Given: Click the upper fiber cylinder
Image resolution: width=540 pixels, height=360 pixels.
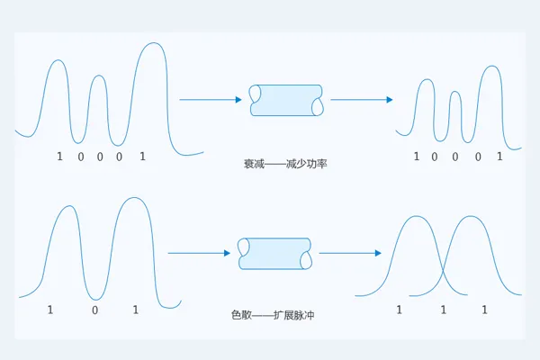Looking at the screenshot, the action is point(286,100).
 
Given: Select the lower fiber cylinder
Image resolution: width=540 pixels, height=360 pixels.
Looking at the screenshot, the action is point(274,254).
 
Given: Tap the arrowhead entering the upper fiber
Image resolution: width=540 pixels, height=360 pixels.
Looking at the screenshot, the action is point(238,100).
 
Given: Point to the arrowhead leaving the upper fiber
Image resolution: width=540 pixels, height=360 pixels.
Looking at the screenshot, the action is point(390,100).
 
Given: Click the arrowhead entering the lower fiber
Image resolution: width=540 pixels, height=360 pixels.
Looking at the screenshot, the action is point(227,253).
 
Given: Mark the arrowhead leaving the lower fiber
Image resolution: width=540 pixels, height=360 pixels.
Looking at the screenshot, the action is point(378,253).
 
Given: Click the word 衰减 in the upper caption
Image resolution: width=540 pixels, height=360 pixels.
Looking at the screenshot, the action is point(254,164).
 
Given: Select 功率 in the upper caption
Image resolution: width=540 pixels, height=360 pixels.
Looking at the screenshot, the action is point(317,164).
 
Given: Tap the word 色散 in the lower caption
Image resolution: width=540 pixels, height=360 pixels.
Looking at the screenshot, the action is point(242,315).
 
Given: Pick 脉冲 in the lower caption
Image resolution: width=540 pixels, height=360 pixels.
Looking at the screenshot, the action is point(304,315).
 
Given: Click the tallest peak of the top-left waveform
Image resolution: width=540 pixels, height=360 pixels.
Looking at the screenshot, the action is point(154,43).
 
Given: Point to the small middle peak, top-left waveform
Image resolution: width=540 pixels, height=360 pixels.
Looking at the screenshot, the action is point(99,76).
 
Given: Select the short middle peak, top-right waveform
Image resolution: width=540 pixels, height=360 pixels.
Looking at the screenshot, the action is point(455,92).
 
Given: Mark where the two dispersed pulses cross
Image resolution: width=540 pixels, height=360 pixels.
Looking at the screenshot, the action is point(443,269).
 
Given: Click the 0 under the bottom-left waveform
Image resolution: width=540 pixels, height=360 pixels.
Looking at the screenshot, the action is point(95,310).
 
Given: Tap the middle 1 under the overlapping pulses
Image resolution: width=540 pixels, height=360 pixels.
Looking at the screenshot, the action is point(443,310).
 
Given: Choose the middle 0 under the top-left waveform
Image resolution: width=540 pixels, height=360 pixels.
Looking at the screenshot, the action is point(100,157).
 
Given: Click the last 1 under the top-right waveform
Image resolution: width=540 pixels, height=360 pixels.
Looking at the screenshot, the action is point(499,157).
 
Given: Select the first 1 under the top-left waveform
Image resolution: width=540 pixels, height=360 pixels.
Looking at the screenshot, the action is point(59,157).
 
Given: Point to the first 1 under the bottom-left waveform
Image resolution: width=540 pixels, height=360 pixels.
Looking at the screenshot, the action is point(50,310).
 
